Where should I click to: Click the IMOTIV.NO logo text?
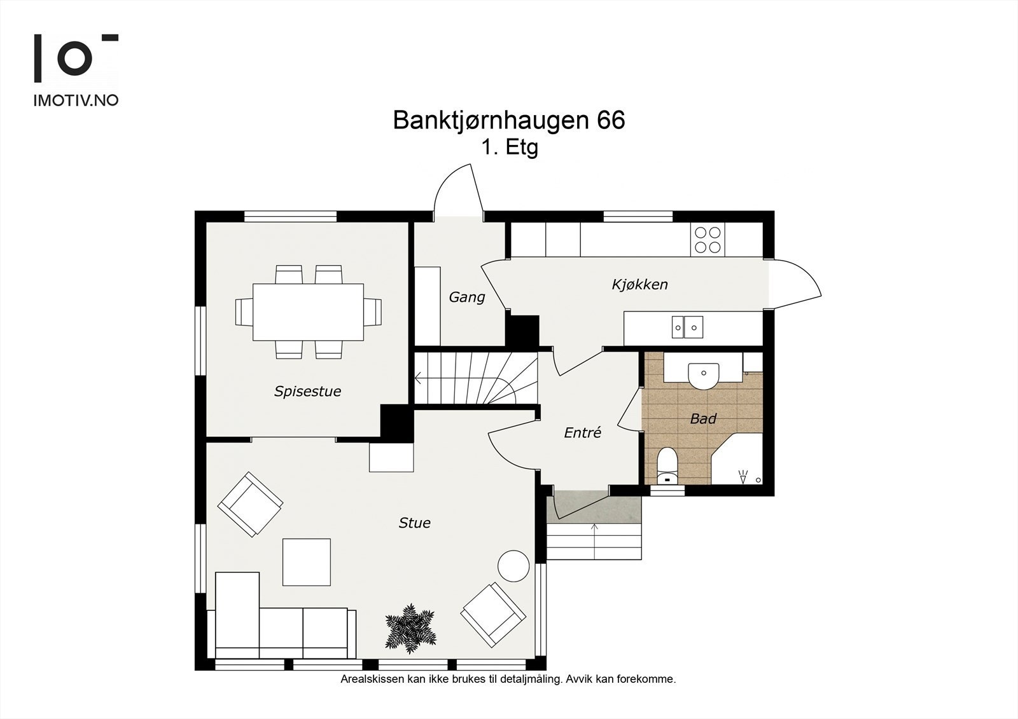tap(76, 100)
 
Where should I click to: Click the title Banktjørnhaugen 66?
tap(508, 120)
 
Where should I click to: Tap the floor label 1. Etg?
tap(510, 147)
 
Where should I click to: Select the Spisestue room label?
tap(307, 391)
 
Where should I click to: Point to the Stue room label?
tap(414, 523)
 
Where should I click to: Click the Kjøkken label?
tap(639, 284)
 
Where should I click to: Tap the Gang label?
tap(466, 297)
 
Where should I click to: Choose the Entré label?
tap(582, 433)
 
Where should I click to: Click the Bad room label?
tap(703, 418)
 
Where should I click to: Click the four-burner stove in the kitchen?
tap(708, 240)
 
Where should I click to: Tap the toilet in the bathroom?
tap(666, 467)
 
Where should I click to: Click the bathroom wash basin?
tap(703, 374)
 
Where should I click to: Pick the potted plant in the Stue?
tap(410, 627)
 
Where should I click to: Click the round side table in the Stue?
tap(513, 565)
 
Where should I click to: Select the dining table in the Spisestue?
tap(308, 312)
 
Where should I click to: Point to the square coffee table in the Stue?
tap(307, 562)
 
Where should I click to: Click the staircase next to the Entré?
tap(475, 379)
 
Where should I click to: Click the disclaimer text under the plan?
tap(508, 680)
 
